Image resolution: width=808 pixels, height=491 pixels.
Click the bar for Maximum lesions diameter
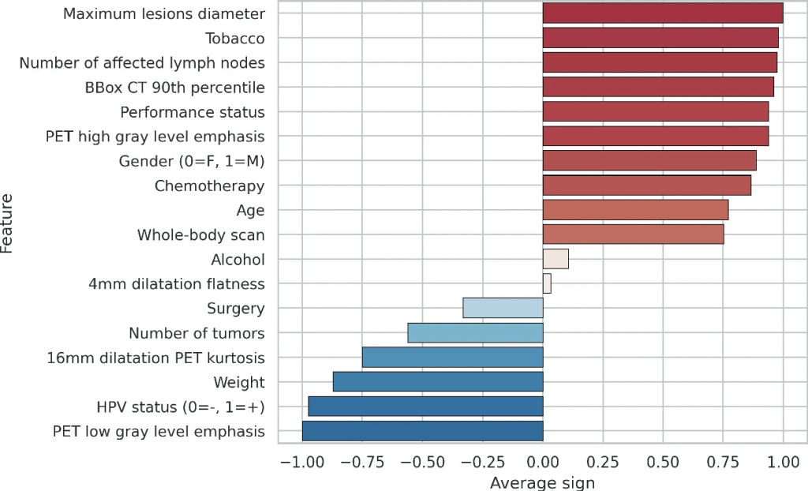tap(663, 13)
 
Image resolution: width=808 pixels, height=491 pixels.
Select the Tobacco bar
tap(660, 38)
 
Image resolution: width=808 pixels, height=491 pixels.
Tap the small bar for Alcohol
tap(555, 259)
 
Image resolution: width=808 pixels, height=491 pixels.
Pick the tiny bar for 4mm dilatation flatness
tap(547, 283)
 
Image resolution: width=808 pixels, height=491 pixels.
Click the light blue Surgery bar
tap(503, 308)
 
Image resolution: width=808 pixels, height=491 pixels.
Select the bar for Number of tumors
tap(475, 332)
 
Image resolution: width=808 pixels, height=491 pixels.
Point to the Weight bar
tap(438, 382)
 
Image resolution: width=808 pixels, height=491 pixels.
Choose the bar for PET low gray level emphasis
tap(422, 431)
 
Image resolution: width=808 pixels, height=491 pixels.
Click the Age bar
tap(635, 210)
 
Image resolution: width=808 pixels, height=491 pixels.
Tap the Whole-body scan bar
tap(633, 234)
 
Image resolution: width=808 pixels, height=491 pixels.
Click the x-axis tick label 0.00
tap(543, 461)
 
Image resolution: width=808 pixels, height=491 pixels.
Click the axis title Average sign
tap(542, 482)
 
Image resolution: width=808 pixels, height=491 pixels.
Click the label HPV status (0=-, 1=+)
tap(180, 407)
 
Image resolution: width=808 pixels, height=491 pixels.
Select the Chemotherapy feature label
tap(209, 186)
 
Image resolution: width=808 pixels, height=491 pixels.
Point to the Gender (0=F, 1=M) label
tap(192, 161)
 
